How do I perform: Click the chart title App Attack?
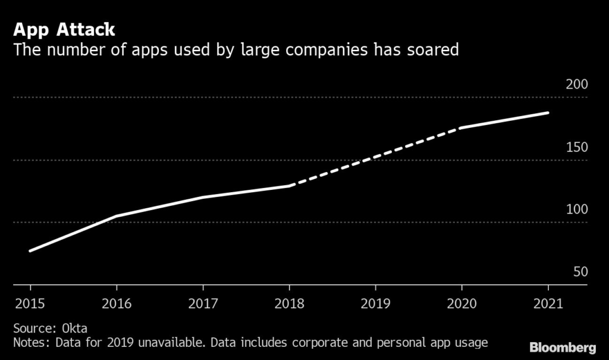pyautogui.click(x=64, y=30)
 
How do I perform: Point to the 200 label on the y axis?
pyautogui.click(x=576, y=84)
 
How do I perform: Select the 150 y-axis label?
pyautogui.click(x=576, y=147)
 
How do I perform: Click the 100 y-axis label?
pyautogui.click(x=576, y=209)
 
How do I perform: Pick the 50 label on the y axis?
pyautogui.click(x=580, y=272)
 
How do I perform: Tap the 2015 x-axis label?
pyautogui.click(x=30, y=303)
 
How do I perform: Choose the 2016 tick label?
pyautogui.click(x=117, y=303)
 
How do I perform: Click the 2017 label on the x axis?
pyautogui.click(x=203, y=303)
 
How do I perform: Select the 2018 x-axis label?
pyautogui.click(x=290, y=303)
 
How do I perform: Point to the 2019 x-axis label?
pyautogui.click(x=376, y=303)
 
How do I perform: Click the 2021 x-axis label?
pyautogui.click(x=548, y=303)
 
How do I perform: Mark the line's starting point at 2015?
pyautogui.click(x=30, y=251)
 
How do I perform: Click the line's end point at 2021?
pyautogui.click(x=548, y=112)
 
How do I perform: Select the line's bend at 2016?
pyautogui.click(x=117, y=216)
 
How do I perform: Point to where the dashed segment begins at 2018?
pyautogui.click(x=290, y=186)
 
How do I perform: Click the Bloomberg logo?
pyautogui.click(x=563, y=347)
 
